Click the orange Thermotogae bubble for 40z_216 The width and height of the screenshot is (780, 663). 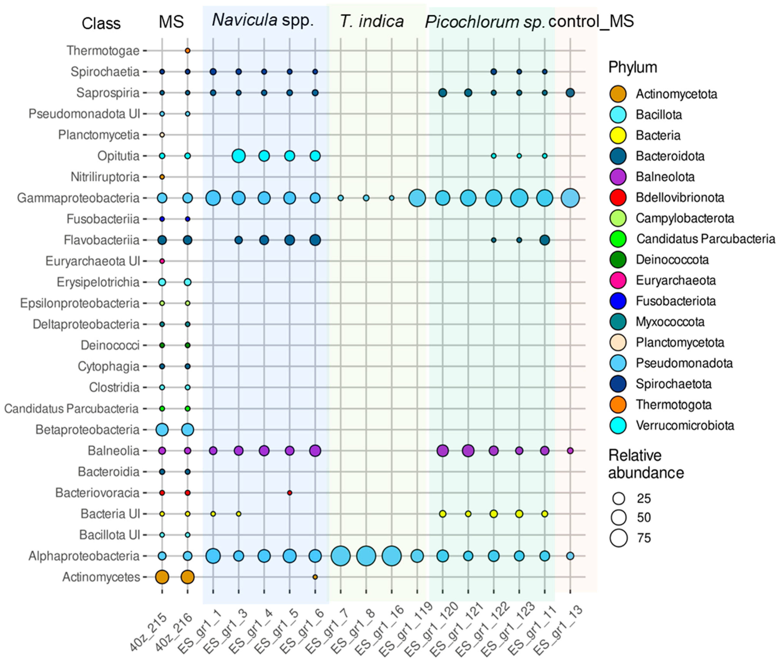pos(187,50)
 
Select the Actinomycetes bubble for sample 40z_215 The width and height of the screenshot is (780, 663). pos(162,577)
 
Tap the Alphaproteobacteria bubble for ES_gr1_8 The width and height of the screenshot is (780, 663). pos(366,555)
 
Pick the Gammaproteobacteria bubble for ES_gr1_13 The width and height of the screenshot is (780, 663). pos(570,198)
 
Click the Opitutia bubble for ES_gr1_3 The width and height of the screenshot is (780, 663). pos(239,156)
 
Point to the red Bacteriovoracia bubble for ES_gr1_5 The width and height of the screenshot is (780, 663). pos(289,492)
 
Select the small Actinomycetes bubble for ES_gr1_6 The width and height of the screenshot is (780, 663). pos(315,577)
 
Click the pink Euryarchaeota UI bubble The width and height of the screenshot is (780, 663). pos(162,261)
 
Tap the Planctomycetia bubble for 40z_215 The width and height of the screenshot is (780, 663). pos(162,134)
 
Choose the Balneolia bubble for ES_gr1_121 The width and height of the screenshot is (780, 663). pos(468,450)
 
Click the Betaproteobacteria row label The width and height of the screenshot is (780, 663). pos(87,429)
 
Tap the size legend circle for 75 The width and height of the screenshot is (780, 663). pos(619,538)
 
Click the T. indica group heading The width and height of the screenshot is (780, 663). pos(372,21)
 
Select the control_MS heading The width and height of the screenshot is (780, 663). pos(591,21)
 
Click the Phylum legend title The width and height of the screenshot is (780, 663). pos(632,67)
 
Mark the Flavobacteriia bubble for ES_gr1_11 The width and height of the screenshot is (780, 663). pos(544,240)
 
